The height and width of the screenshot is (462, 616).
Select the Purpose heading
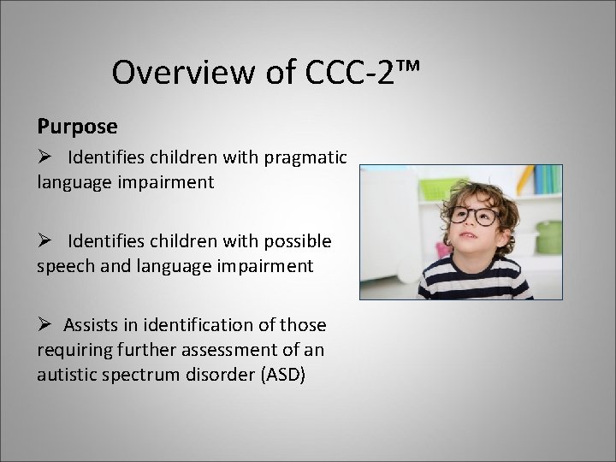click(x=77, y=126)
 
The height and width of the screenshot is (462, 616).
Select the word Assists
click(x=97, y=325)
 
